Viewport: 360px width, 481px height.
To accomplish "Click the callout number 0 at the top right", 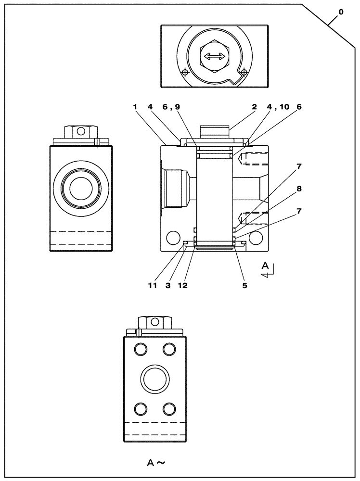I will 341,13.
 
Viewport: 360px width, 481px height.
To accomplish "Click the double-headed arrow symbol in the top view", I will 214,57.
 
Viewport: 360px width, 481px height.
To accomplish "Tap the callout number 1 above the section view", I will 136,107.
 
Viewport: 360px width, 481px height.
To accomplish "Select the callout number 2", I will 254,107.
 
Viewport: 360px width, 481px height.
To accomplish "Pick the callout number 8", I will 299,189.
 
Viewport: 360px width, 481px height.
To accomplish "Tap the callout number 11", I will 153,285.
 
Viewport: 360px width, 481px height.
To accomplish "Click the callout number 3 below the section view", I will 168,285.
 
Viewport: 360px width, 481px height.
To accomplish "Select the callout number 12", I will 182,285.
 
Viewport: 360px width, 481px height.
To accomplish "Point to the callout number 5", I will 244,285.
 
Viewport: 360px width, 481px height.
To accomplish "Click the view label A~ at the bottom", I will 156,463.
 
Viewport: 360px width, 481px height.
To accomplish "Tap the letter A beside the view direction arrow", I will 265,265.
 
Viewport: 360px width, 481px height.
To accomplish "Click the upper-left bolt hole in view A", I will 141,349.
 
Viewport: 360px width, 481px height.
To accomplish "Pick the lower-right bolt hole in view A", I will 168,409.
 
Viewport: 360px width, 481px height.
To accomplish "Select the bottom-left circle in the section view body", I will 171,237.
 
